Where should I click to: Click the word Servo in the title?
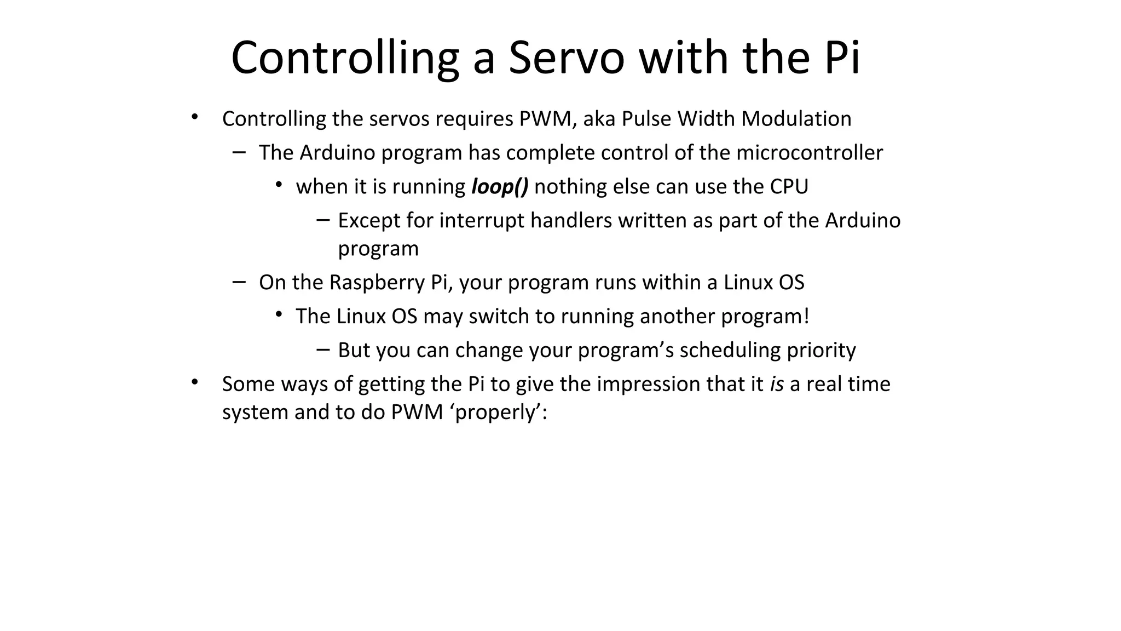tap(566, 58)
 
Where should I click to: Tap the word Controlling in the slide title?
tap(345, 58)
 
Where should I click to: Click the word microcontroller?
tap(810, 153)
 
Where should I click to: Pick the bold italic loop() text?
tap(500, 187)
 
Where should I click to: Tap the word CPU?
tap(789, 187)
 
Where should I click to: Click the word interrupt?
tap(482, 220)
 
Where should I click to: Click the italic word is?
tap(777, 385)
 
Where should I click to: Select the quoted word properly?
tap(498, 412)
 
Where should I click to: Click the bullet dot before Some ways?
tap(194, 382)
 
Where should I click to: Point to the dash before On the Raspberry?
tap(239, 282)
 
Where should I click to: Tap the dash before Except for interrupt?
tap(323, 220)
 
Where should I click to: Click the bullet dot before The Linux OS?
tap(279, 314)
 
